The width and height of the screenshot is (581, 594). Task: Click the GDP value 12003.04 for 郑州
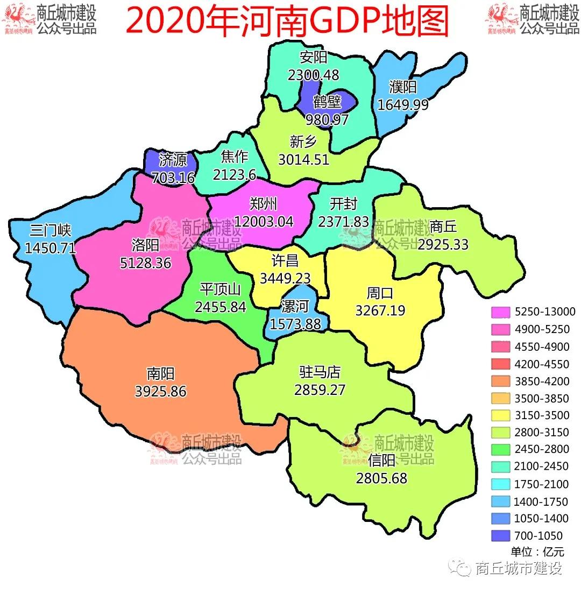click(263, 221)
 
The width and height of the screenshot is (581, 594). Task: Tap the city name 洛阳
click(145, 246)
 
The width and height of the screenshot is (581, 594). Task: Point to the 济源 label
click(173, 160)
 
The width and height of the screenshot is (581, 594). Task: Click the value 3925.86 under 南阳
click(161, 391)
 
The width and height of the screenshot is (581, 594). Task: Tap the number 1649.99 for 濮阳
click(403, 104)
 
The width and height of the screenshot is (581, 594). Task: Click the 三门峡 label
click(50, 231)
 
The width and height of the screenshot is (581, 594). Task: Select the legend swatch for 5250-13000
click(501, 312)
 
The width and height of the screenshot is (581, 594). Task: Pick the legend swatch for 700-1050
click(501, 536)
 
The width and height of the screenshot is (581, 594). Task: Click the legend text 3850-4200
click(541, 381)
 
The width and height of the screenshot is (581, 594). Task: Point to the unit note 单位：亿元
click(537, 552)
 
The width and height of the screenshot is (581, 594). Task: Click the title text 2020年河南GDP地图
click(287, 22)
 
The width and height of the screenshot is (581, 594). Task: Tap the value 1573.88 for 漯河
click(295, 324)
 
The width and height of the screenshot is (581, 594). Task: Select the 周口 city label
click(380, 293)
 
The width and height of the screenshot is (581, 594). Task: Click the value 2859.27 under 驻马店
click(320, 390)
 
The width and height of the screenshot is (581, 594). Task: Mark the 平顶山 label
click(220, 289)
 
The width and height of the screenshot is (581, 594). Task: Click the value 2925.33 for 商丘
click(443, 244)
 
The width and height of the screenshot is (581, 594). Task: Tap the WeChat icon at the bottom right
click(463, 568)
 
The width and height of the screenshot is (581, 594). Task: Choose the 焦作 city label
click(235, 157)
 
